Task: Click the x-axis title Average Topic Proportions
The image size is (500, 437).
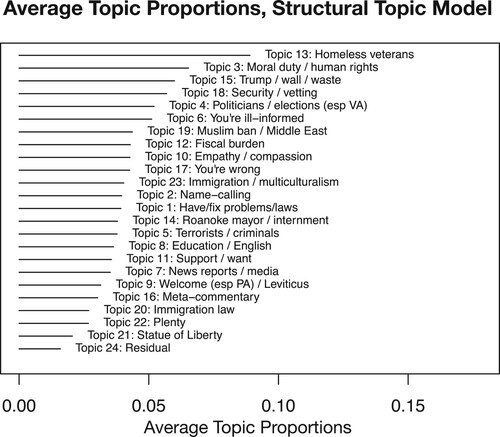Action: click(248, 426)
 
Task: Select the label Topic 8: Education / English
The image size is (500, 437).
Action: click(199, 246)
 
